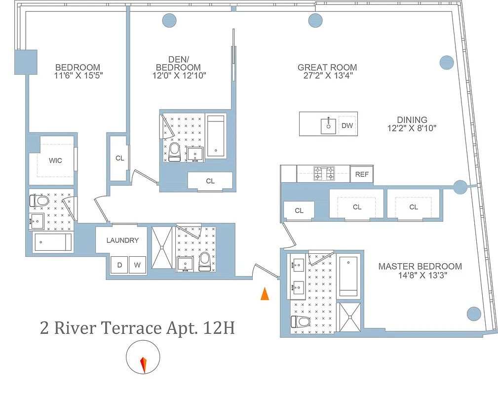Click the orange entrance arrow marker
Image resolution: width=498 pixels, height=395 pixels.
click(x=265, y=294)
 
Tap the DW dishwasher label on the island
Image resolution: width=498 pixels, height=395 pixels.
click(x=347, y=125)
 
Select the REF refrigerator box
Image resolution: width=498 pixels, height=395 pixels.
click(x=362, y=174)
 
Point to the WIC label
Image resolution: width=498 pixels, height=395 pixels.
click(x=55, y=160)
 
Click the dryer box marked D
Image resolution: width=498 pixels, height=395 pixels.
click(x=119, y=265)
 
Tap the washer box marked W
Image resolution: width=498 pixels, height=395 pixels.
click(x=138, y=265)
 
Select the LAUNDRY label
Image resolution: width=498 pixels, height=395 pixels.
click(x=122, y=240)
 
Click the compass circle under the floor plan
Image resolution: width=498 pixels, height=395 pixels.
click(x=143, y=358)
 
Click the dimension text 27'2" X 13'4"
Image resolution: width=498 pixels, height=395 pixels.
click(x=327, y=76)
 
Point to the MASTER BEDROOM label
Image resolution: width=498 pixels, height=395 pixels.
click(x=420, y=266)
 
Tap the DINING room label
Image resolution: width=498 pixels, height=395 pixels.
click(x=412, y=119)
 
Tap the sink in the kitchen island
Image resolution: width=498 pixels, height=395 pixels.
click(x=329, y=125)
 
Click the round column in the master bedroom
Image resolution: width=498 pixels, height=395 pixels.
click(x=473, y=314)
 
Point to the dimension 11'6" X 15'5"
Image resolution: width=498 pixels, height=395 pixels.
click(x=77, y=76)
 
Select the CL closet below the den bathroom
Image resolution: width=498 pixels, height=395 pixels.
click(x=210, y=181)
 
